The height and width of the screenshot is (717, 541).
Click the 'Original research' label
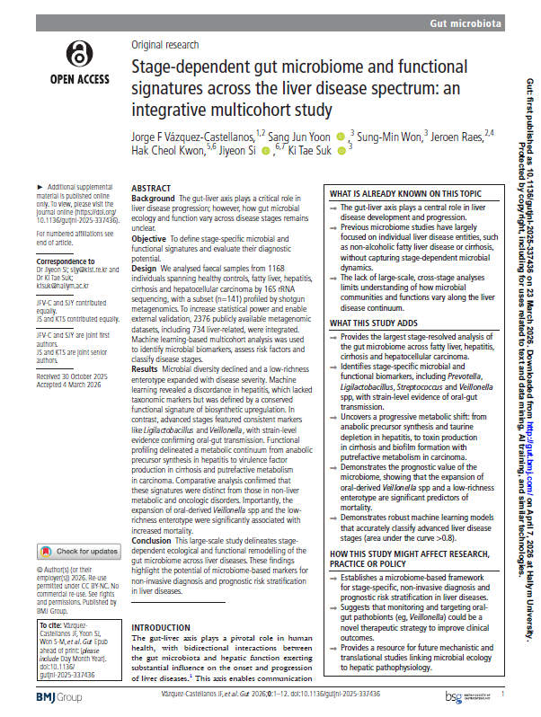pyautogui.click(x=166, y=44)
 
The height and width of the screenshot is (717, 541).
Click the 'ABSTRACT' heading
pyautogui.click(x=151, y=188)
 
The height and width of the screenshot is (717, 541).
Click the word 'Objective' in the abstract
pyautogui.click(x=149, y=238)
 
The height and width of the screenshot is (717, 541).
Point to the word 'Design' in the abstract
pyautogui.click(x=146, y=268)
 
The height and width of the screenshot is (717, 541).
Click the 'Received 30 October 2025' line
pyautogui.click(x=75, y=349)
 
